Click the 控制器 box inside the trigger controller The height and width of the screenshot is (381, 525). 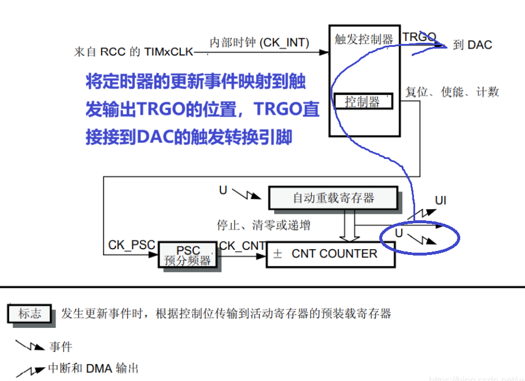coord(363,102)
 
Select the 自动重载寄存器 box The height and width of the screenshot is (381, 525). coord(333,198)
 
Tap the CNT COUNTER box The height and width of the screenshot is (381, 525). coord(331,254)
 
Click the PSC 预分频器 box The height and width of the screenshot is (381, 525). coord(187,256)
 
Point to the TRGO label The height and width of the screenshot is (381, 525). coord(419,37)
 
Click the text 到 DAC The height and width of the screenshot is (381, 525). coord(472,45)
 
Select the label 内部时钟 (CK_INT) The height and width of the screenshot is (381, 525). coord(259,42)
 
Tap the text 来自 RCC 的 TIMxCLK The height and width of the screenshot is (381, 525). coord(133,51)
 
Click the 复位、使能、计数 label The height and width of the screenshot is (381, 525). coord(452,92)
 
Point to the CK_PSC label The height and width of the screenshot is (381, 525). coord(131,245)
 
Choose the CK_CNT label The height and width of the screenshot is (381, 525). coord(241,246)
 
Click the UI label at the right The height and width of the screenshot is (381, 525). coord(441,201)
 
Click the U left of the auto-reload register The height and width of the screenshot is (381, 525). coord(223,190)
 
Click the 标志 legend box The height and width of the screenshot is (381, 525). coord(29,314)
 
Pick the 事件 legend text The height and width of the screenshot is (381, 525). coord(61,347)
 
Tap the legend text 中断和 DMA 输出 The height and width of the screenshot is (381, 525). coord(93,368)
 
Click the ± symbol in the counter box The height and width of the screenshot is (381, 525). coord(278,254)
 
